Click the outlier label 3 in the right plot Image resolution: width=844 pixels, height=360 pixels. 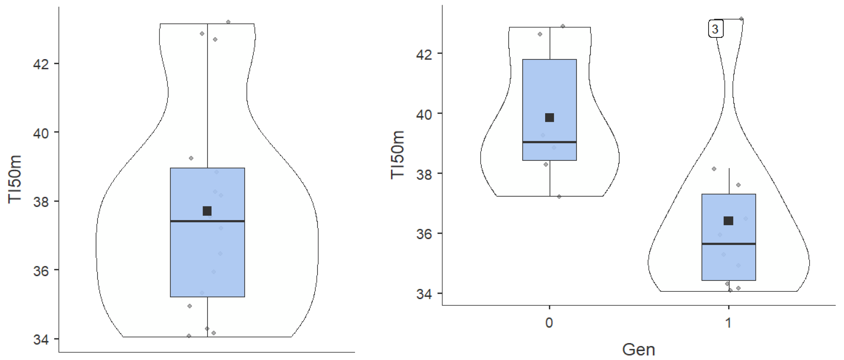point(716,29)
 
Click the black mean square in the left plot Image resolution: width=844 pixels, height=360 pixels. point(207,211)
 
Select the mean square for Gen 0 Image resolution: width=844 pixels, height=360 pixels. point(550,118)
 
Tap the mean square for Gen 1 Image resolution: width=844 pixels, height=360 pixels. point(728,221)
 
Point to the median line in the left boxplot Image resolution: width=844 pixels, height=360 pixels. point(207,221)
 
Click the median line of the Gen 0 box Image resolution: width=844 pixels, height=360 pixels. point(550,142)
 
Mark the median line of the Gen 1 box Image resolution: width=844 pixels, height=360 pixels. point(729,244)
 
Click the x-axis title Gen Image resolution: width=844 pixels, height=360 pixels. point(638,350)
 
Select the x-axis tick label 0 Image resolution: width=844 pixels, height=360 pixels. point(549,323)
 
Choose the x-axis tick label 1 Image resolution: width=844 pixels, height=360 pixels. point(728,323)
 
